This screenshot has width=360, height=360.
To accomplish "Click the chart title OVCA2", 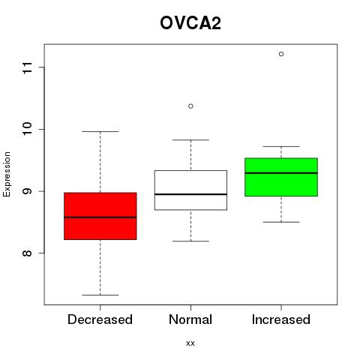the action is pyautogui.click(x=190, y=23).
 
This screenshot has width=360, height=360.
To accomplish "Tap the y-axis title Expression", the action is pyautogui.click(x=7, y=174).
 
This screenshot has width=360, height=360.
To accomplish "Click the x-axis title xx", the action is pyautogui.click(x=190, y=343).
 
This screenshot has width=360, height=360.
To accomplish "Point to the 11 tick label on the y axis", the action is pyautogui.click(x=28, y=67).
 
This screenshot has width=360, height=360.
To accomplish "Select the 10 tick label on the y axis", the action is pyautogui.click(x=28, y=129).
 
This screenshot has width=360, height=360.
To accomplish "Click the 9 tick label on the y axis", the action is pyautogui.click(x=28, y=191).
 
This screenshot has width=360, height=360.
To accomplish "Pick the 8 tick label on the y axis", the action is pyautogui.click(x=28, y=253).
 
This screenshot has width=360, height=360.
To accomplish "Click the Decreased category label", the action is pyautogui.click(x=100, y=319).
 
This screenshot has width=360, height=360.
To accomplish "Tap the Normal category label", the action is pyautogui.click(x=190, y=319).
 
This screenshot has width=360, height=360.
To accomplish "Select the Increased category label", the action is pyautogui.click(x=281, y=319).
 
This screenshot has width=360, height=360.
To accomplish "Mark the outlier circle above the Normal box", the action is pyautogui.click(x=190, y=106).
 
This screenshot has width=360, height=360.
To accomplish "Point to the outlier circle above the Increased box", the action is pyautogui.click(x=281, y=54).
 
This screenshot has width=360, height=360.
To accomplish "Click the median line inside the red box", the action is pyautogui.click(x=100, y=217).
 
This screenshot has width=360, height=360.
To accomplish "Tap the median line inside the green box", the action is pyautogui.click(x=281, y=173).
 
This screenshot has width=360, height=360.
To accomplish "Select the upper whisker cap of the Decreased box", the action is pyautogui.click(x=100, y=131).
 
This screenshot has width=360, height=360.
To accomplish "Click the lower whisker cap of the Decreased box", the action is pyautogui.click(x=100, y=295).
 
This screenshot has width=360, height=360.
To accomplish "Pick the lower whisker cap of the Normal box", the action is pyautogui.click(x=190, y=241).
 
